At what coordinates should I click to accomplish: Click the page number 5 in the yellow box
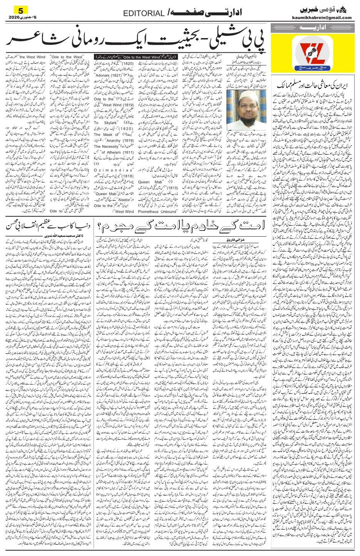tap(21, 9)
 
